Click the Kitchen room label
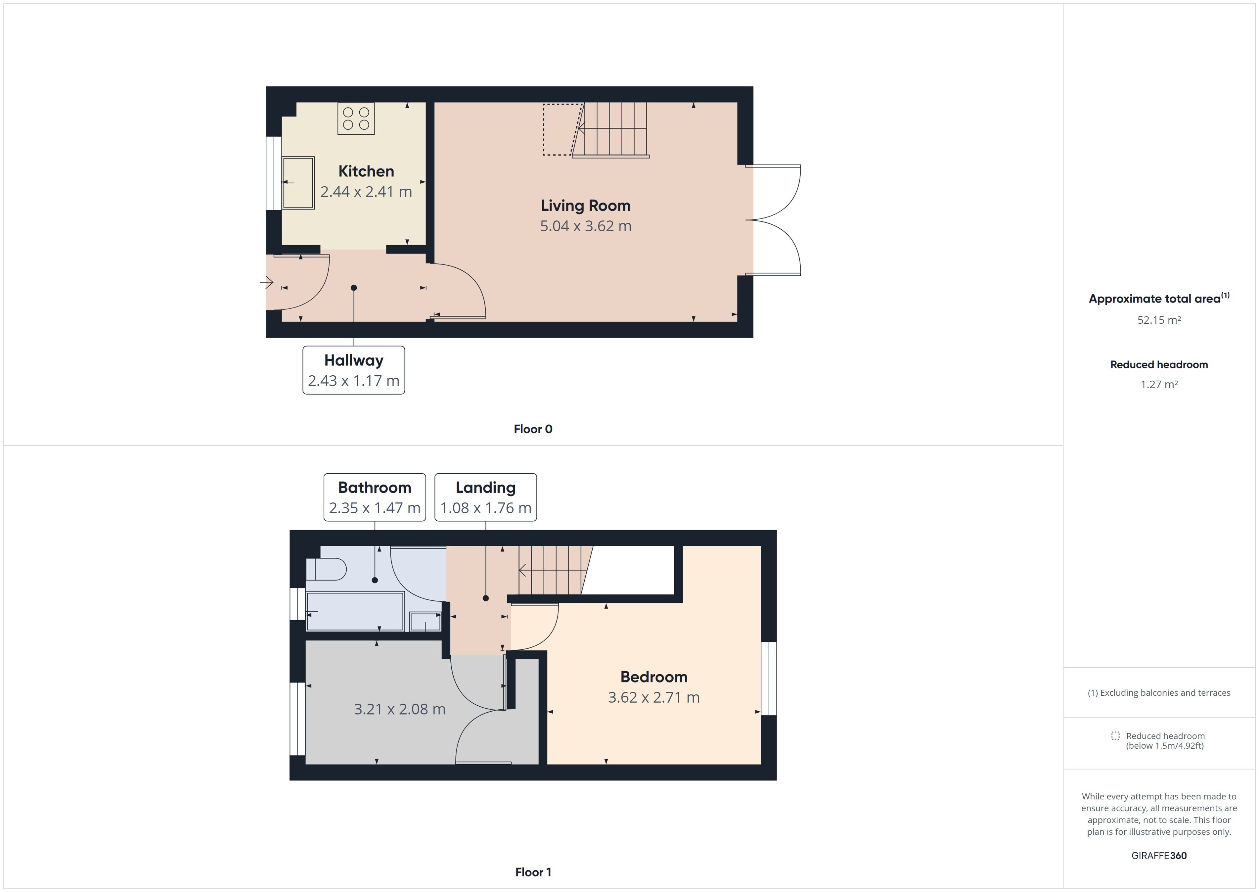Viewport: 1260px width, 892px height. pyautogui.click(x=366, y=171)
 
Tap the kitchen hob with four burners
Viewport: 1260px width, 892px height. pyautogui.click(x=356, y=118)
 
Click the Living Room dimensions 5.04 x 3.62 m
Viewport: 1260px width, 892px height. pyautogui.click(x=585, y=226)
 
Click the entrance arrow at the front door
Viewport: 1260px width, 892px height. pyautogui.click(x=267, y=282)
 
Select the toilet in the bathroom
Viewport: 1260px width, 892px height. pyautogui.click(x=326, y=569)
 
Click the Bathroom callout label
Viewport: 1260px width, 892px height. pyautogui.click(x=374, y=497)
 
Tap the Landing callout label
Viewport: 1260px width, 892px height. pyautogui.click(x=485, y=497)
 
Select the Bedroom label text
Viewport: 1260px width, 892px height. pyautogui.click(x=653, y=677)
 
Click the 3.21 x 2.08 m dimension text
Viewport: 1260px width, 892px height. pyautogui.click(x=399, y=709)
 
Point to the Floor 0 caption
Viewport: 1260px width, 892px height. pyautogui.click(x=532, y=429)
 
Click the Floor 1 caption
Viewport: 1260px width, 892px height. pyautogui.click(x=532, y=872)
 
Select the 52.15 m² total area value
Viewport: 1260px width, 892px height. pyautogui.click(x=1158, y=320)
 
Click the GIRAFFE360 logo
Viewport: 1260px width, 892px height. pyautogui.click(x=1158, y=855)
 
